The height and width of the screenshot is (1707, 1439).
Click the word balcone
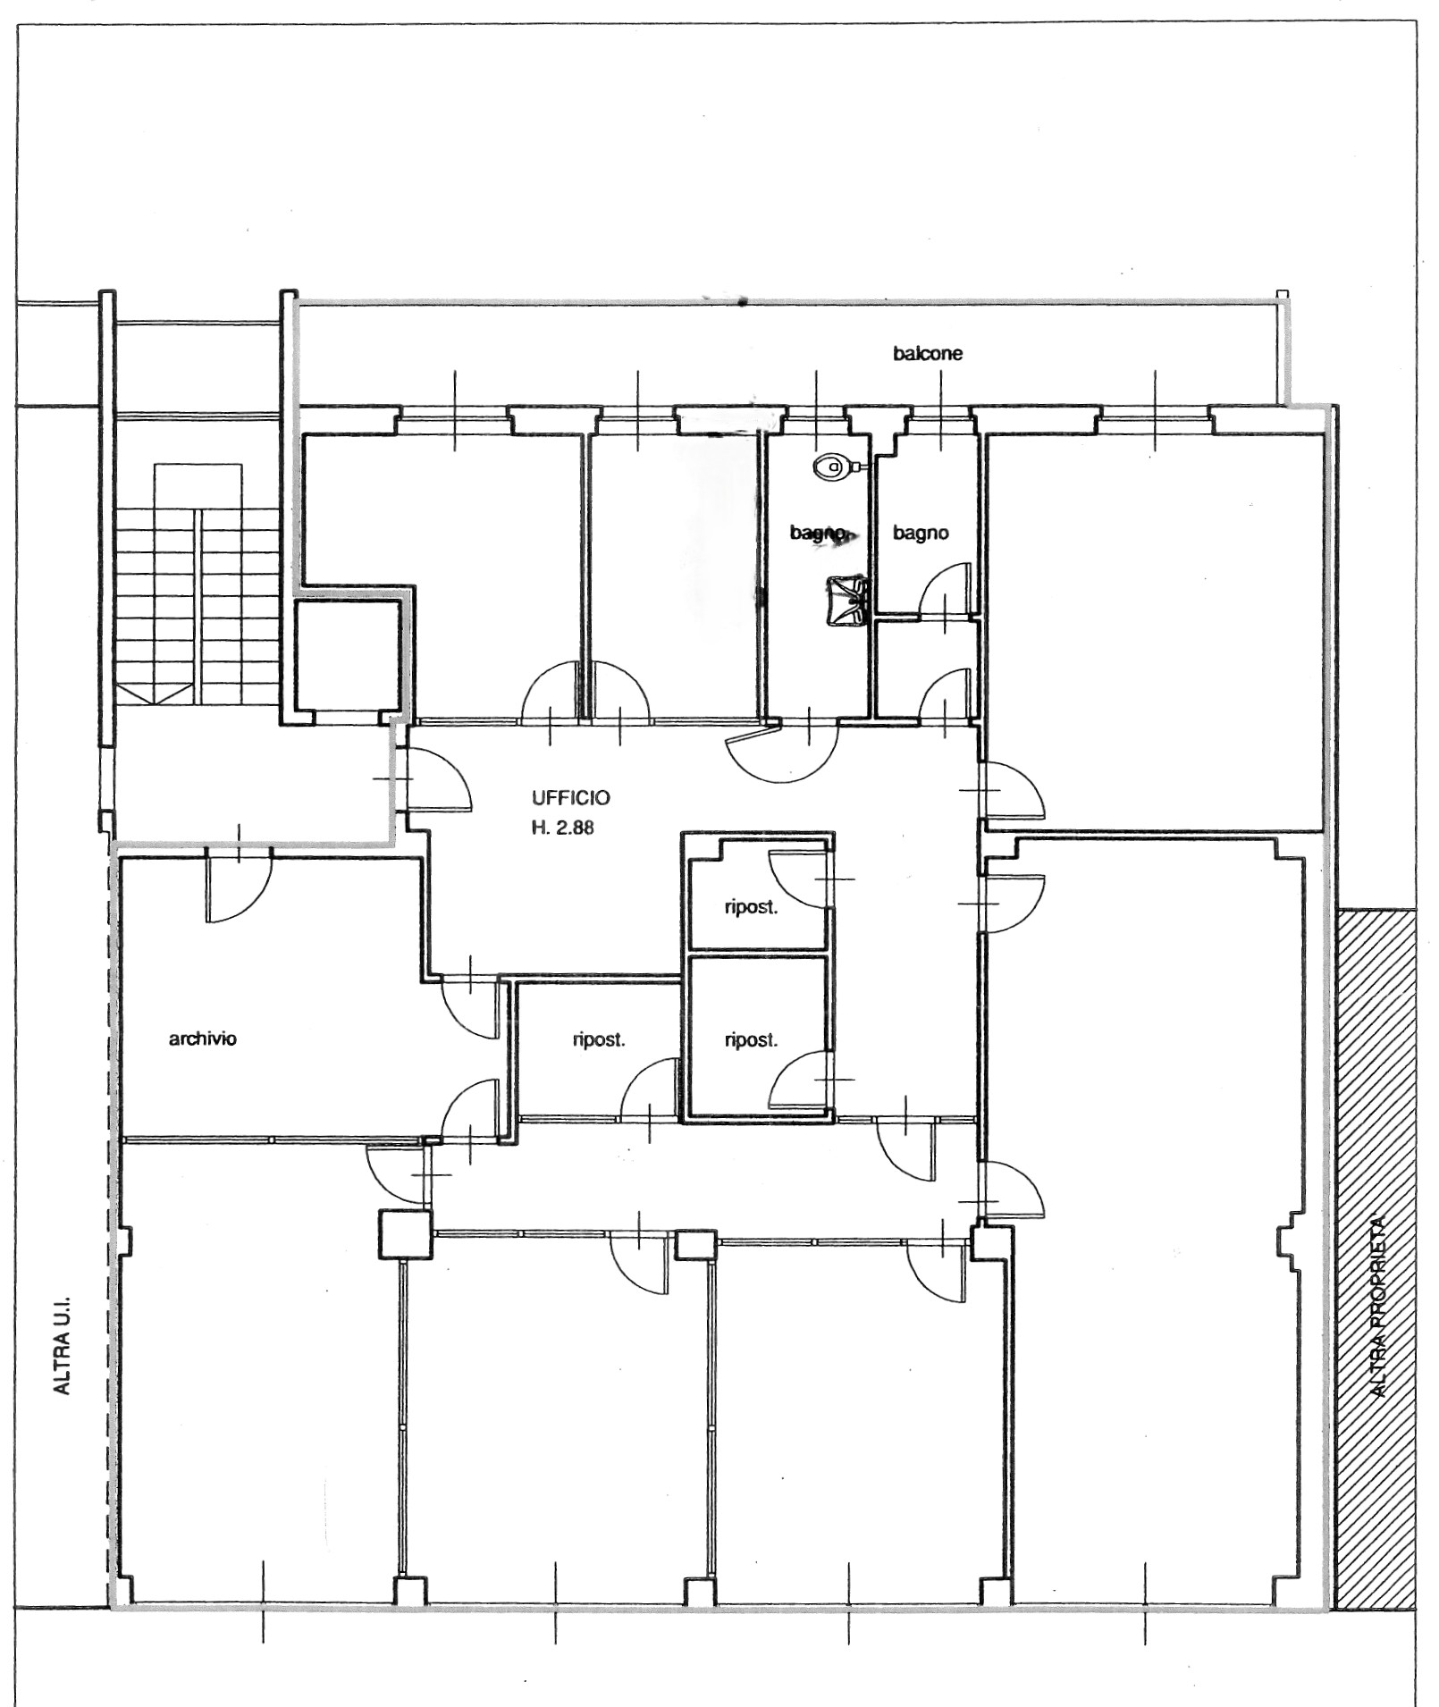pos(928,353)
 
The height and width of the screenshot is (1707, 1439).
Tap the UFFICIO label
pos(570,797)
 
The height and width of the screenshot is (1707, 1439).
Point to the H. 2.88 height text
pos(563,828)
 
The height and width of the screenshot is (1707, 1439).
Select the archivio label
pos(203,1038)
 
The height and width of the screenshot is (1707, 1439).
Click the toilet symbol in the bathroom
pos(835,466)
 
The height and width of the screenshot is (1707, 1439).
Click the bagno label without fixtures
pos(921,534)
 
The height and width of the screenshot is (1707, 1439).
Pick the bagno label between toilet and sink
pos(818,534)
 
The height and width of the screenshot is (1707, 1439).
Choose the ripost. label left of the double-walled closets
pos(598,1039)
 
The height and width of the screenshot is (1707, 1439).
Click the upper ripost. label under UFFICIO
pos(751,909)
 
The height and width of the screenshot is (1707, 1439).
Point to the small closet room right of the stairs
pos(347,656)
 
